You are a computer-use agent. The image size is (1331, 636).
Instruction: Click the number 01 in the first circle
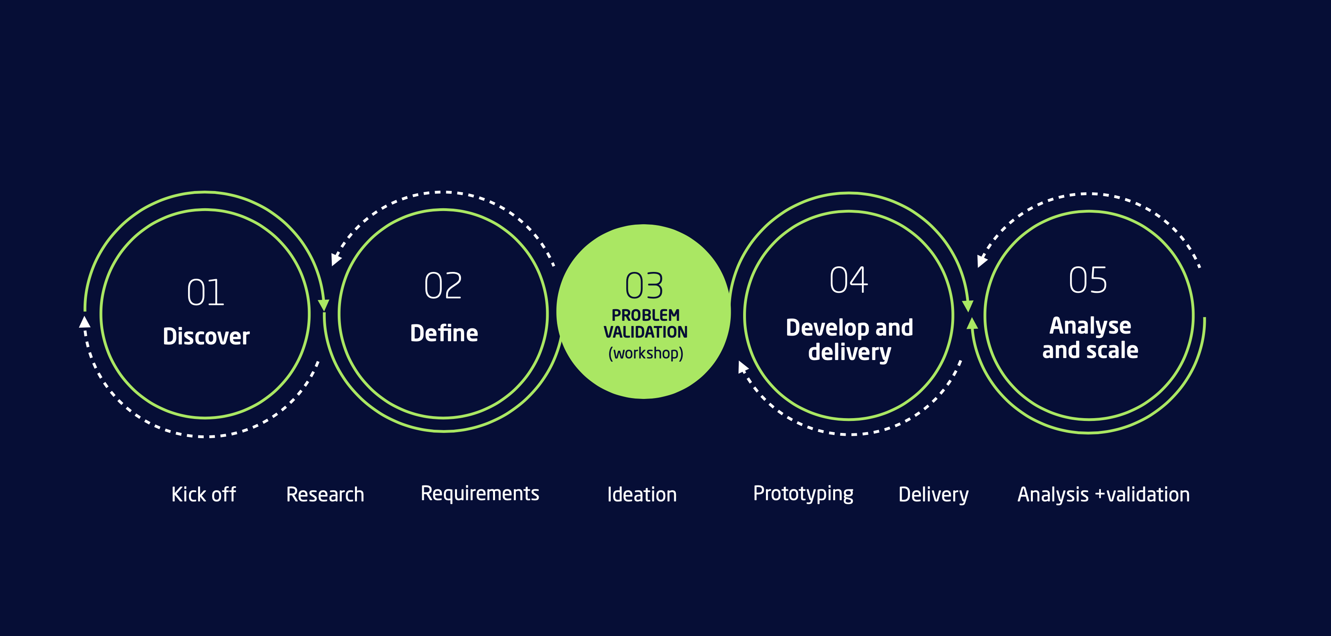point(205,293)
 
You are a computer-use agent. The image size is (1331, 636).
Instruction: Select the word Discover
point(206,336)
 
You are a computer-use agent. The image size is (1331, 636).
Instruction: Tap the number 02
point(443,286)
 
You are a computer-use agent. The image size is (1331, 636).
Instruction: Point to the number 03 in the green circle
point(644,286)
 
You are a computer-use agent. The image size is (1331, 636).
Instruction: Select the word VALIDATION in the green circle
point(645,332)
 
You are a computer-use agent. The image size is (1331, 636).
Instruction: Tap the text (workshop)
point(645,353)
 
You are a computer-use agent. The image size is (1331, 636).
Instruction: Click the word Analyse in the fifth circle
point(1090,326)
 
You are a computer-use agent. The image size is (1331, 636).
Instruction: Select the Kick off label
point(204,494)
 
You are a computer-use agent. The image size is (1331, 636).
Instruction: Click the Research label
point(325,494)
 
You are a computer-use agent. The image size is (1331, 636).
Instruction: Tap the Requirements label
point(479,494)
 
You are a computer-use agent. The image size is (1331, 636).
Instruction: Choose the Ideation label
point(642,494)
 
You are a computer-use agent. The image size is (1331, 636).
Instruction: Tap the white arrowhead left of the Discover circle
point(85,322)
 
